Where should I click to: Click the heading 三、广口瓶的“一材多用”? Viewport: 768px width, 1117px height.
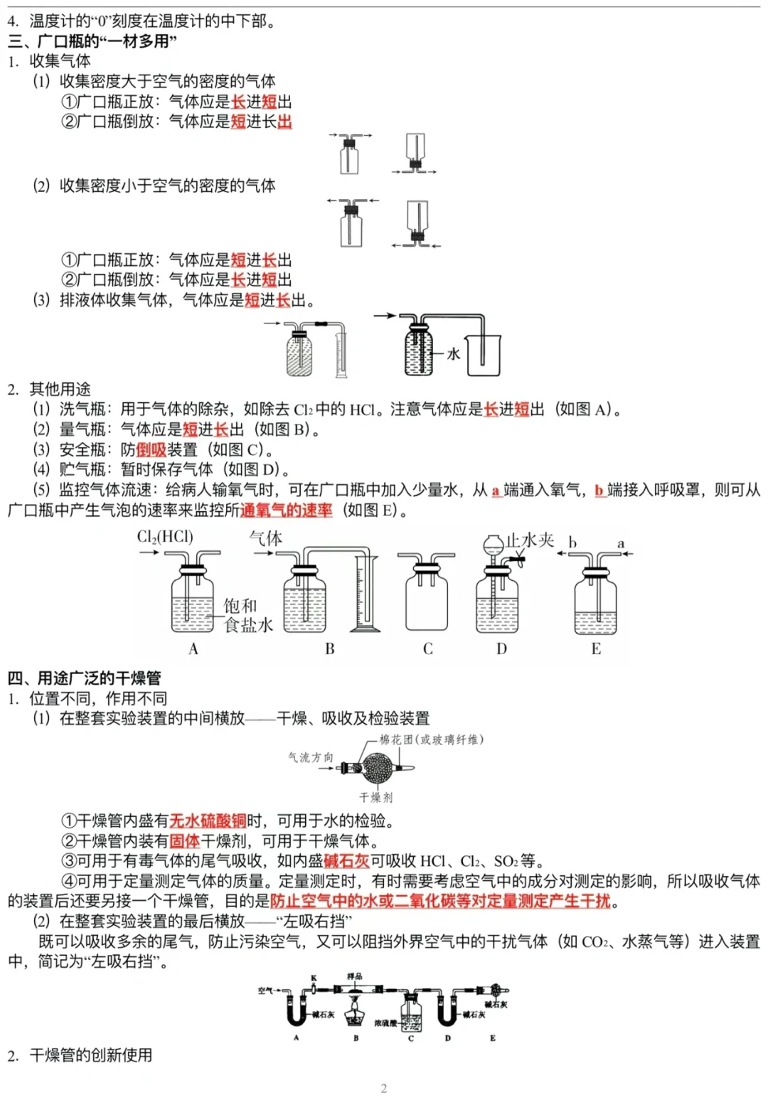point(92,41)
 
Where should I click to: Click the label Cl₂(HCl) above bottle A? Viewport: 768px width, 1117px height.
point(165,537)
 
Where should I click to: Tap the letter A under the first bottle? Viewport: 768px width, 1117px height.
point(193,648)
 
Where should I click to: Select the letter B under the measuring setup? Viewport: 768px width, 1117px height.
point(330,648)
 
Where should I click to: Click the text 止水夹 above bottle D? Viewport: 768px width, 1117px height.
point(530,540)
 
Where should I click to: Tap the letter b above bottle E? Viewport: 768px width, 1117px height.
point(572,544)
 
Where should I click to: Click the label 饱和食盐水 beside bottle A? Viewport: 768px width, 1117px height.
point(247,616)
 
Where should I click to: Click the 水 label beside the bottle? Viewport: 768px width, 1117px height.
point(453,353)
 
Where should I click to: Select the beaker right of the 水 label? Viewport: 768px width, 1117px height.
point(484,355)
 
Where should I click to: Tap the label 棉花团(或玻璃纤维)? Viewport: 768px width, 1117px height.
point(431,739)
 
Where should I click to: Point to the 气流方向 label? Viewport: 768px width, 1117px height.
point(310,757)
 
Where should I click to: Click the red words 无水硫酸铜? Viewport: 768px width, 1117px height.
point(208,821)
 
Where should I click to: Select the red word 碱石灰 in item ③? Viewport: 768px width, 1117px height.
point(346,861)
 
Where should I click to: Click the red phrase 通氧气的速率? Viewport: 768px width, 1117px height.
point(286,511)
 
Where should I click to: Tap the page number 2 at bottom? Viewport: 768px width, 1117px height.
point(384,1088)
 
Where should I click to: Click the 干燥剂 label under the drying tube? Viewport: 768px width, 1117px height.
point(375,797)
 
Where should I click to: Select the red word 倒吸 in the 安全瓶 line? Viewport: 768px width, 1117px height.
point(151,449)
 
